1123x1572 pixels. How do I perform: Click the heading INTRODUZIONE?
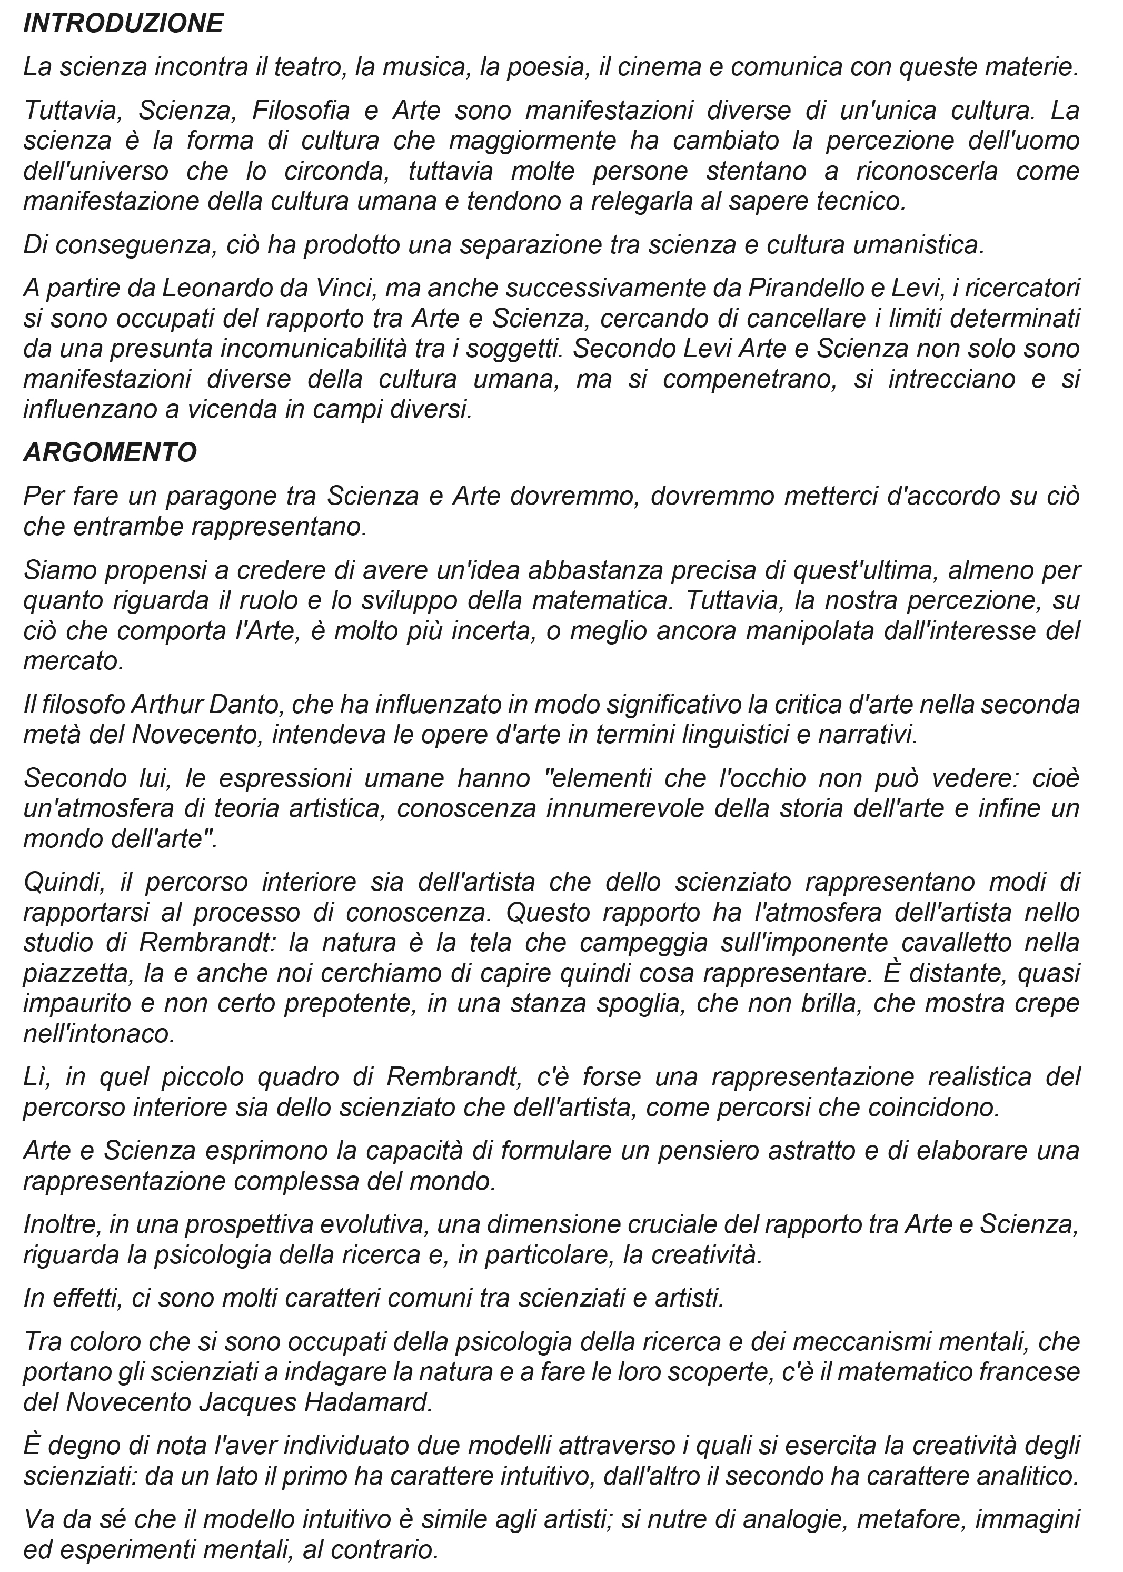coord(123,24)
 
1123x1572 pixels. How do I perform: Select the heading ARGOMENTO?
coord(110,453)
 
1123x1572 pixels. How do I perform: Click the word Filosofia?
coord(306,110)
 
